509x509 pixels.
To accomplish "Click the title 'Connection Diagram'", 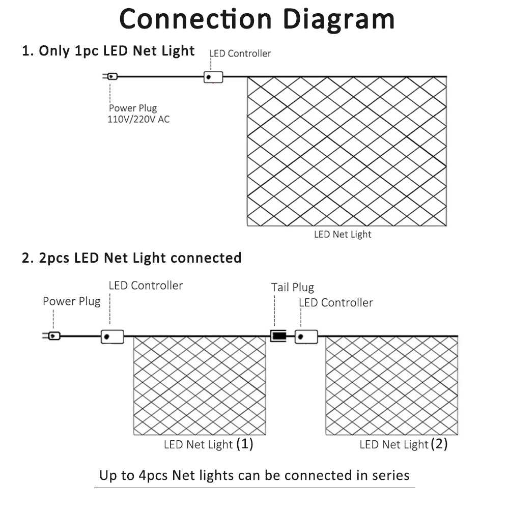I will pyautogui.click(x=257, y=19).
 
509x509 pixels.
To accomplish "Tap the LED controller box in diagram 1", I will pyautogui.click(x=213, y=77).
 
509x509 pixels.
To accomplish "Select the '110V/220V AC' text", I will pyautogui.click(x=138, y=120).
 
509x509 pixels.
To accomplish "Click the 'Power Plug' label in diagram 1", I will pyautogui.click(x=133, y=108).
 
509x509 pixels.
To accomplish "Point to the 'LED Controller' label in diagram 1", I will pyautogui.click(x=240, y=53).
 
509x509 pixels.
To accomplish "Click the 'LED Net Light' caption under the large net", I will pyautogui.click(x=343, y=234).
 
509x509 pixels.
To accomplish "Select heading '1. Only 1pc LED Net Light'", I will pyautogui.click(x=108, y=51).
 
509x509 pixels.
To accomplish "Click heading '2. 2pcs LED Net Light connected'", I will pyautogui.click(x=132, y=258).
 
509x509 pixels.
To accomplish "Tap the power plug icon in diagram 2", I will pyautogui.click(x=53, y=336).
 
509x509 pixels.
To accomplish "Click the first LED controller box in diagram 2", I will pyautogui.click(x=112, y=336).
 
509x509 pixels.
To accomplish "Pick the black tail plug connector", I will pyautogui.click(x=278, y=336).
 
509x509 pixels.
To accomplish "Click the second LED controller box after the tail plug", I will pyautogui.click(x=306, y=336).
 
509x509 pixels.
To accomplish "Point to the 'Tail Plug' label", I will pyautogui.click(x=292, y=288).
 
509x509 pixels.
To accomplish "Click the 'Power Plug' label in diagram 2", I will pyautogui.click(x=71, y=301).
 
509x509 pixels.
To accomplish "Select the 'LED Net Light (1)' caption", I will pyautogui.click(x=208, y=444).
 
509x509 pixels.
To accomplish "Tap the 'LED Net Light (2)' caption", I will pyautogui.click(x=404, y=444).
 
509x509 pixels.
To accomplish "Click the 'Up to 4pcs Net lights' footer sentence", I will pyautogui.click(x=254, y=476).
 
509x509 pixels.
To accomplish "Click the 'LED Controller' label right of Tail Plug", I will pyautogui.click(x=335, y=303).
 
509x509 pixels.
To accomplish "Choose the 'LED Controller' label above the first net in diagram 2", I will pyautogui.click(x=146, y=286).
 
